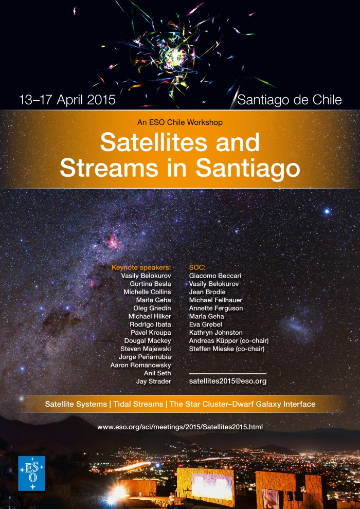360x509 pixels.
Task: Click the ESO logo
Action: pos(31,474)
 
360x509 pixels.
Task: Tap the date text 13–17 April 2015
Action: pos(67,100)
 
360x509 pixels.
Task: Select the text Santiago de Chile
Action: pos(290,100)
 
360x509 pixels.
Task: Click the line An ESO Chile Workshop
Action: pos(180,122)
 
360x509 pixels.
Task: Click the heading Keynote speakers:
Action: pos(141,268)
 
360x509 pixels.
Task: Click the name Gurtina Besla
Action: pos(150,284)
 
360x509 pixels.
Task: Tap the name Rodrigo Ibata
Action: pos(150,324)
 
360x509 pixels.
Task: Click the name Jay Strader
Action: pos(154,381)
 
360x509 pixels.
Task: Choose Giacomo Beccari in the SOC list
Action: pos(215,276)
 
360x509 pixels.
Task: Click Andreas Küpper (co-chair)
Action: pos(229,341)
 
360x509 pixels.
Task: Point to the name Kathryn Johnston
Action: pos(216,333)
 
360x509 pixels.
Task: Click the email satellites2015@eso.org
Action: pos(228,381)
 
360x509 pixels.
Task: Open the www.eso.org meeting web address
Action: pos(180,427)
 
